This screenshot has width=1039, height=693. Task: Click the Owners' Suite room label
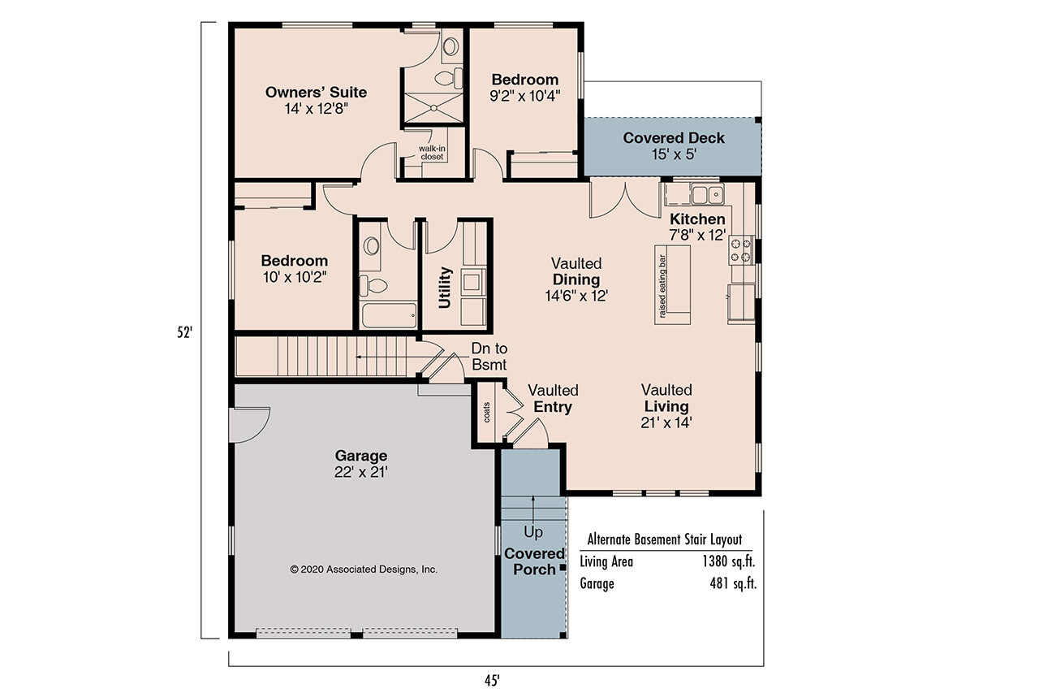316,93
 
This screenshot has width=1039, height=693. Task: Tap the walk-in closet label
431,153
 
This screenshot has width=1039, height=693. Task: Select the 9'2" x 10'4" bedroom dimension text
525,94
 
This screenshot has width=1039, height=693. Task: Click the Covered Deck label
674,138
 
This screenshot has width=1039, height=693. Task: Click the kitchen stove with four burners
742,249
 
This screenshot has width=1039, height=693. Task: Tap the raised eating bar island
673,284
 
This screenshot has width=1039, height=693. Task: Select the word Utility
445,288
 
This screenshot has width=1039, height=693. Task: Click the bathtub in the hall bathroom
389,315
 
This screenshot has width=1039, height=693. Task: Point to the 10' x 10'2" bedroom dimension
294,276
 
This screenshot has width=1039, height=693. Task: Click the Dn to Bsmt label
489,357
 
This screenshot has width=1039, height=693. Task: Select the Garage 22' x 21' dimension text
361,471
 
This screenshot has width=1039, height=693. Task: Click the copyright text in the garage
364,570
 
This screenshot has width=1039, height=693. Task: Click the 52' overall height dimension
186,332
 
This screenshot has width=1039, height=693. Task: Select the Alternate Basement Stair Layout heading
664,539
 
